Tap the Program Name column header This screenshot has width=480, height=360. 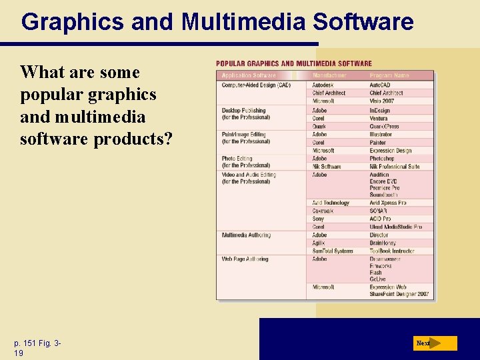coord(389,75)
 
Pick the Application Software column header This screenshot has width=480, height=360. coord(249,75)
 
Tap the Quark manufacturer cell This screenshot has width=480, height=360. coord(319,127)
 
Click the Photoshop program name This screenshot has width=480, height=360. coord(382,159)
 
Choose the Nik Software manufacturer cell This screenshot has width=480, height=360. coord(327,167)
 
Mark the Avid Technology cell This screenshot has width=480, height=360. coord(331,203)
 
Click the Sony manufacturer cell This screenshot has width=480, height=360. coord(319,219)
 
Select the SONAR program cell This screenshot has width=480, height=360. coord(379,211)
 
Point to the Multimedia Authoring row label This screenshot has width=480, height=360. coord(246,235)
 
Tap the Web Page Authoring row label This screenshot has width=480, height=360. coord(245,259)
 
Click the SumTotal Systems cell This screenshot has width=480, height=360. coord(333,251)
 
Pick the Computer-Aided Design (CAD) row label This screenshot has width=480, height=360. coord(256,85)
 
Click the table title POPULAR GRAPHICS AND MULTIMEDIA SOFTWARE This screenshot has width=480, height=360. coord(294,64)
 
